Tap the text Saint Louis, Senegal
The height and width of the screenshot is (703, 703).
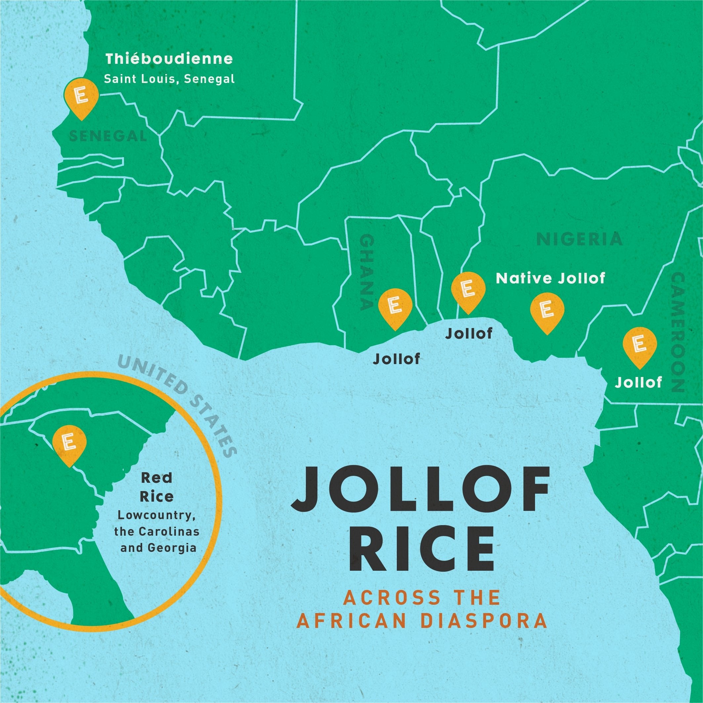coord(169,79)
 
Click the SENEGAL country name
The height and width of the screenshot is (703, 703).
coord(108,136)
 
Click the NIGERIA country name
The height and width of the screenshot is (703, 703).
coord(580,239)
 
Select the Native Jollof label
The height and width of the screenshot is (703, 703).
coord(551,279)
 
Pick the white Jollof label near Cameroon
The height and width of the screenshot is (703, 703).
coord(638,383)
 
